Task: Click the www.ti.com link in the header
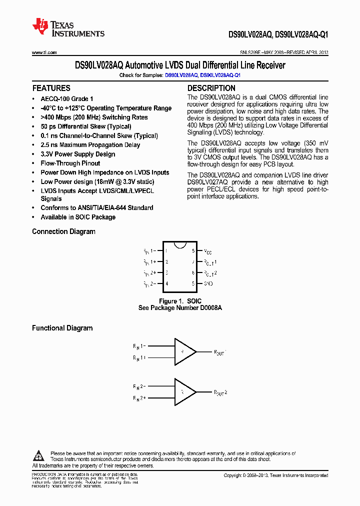pos(44,52)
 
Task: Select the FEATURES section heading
pos(51,88)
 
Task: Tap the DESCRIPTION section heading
pos(211,88)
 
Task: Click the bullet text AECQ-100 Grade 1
pos(67,99)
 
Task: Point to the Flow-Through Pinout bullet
pos(70,163)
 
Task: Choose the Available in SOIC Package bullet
pos(78,217)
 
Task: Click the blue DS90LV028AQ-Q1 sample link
pos(220,75)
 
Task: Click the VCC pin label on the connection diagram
pos(208,251)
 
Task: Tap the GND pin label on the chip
pos(208,283)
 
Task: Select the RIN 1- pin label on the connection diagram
pos(150,251)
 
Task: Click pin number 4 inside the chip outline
pos(166,283)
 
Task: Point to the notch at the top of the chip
pos(180,244)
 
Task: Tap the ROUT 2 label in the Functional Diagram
pos(220,392)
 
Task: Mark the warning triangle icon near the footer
pos(38,455)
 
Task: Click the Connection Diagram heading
pos(63,231)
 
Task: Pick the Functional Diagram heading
pos(62,328)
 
